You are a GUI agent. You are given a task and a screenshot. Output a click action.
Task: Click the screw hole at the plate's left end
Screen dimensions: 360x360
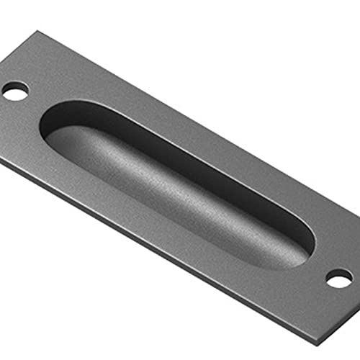[14, 91]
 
